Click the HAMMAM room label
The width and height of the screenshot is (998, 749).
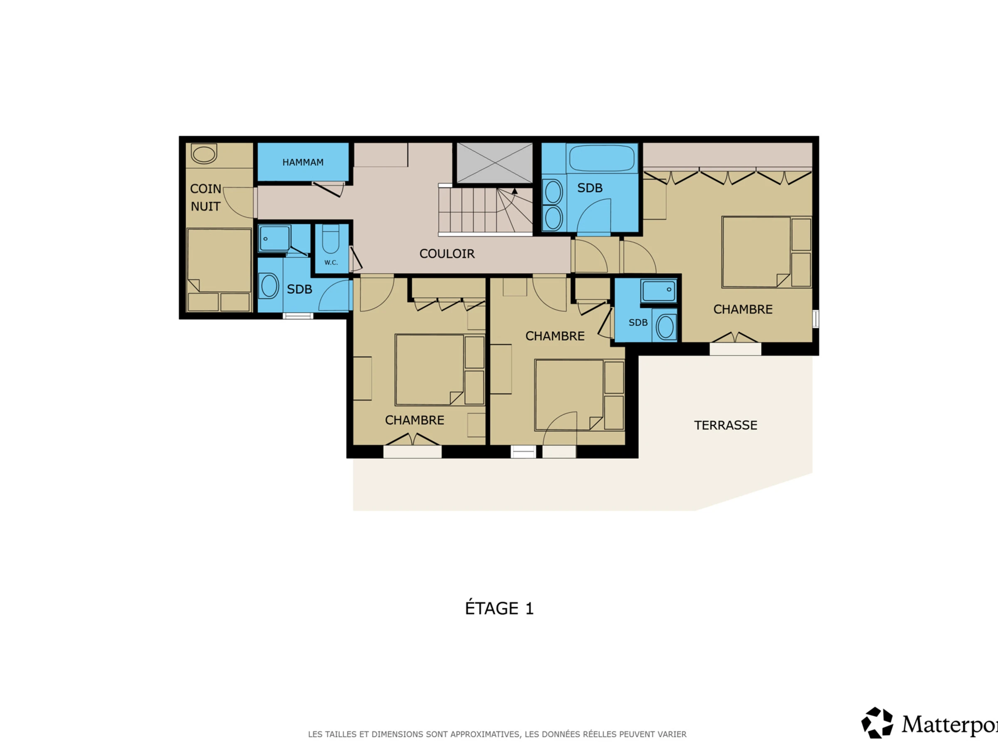pyautogui.click(x=303, y=162)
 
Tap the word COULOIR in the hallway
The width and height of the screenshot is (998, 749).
pyautogui.click(x=447, y=254)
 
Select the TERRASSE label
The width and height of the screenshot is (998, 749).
pyautogui.click(x=726, y=425)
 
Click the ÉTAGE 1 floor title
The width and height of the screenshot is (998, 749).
pyautogui.click(x=499, y=608)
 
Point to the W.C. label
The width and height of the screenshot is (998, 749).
pyautogui.click(x=331, y=262)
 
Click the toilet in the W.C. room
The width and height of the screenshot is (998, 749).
pyautogui.click(x=331, y=239)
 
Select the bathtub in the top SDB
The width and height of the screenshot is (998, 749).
pyautogui.click(x=602, y=158)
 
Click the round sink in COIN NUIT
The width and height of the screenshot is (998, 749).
pyautogui.click(x=204, y=154)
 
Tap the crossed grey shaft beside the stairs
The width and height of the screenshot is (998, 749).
pyautogui.click(x=494, y=163)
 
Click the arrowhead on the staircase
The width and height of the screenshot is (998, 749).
pyautogui.click(x=514, y=191)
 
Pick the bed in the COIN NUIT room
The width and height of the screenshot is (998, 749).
pyautogui.click(x=219, y=260)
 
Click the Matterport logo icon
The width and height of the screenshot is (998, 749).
pyautogui.click(x=877, y=723)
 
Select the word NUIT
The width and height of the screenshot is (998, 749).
pyautogui.click(x=206, y=206)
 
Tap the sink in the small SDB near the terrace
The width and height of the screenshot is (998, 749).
pyautogui.click(x=665, y=326)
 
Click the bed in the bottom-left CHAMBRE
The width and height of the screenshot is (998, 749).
pyautogui.click(x=430, y=370)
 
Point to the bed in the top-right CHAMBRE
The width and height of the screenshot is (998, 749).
pyautogui.click(x=756, y=252)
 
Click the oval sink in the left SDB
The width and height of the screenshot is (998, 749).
pyautogui.click(x=269, y=286)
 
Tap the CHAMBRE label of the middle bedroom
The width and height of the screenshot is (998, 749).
pyautogui.click(x=555, y=336)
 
